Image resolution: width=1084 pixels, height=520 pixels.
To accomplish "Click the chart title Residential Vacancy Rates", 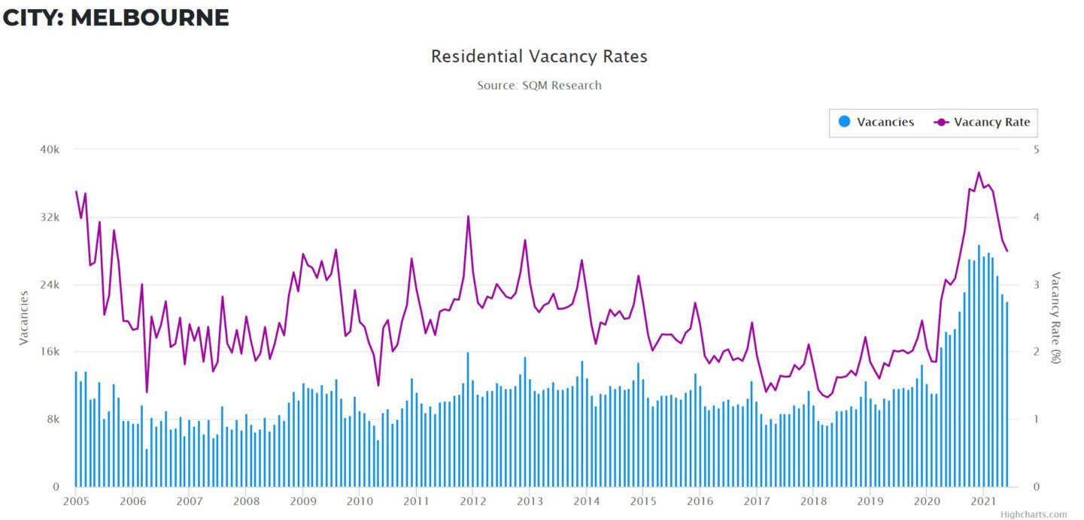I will click(x=539, y=56).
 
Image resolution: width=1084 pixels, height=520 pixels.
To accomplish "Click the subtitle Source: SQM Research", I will click(x=539, y=86).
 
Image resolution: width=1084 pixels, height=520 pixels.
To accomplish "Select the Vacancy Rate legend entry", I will click(x=982, y=122).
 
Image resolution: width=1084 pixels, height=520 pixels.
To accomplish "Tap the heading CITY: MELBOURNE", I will click(x=115, y=17).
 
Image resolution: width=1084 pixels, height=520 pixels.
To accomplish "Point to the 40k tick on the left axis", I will click(x=49, y=150).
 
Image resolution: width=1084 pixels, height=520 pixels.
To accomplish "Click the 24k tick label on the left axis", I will click(x=49, y=285).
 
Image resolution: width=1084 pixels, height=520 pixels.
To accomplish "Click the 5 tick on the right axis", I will click(x=1036, y=150).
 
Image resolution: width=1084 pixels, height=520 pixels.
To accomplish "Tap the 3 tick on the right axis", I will click(x=1036, y=285).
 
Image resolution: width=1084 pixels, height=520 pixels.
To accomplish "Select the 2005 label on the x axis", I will click(x=76, y=501).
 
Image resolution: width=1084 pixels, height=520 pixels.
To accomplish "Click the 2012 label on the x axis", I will click(x=472, y=501).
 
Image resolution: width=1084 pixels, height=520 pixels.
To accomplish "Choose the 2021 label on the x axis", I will click(x=982, y=501).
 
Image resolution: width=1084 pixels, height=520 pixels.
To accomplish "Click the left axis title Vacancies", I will click(x=23, y=318).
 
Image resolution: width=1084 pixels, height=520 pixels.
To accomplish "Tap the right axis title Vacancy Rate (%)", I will click(x=1055, y=318).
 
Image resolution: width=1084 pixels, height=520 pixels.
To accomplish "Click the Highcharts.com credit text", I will click(x=1033, y=515).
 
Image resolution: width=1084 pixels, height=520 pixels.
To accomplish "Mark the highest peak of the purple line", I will click(x=979, y=173).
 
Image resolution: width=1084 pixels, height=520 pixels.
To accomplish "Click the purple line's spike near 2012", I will click(x=468, y=216).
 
